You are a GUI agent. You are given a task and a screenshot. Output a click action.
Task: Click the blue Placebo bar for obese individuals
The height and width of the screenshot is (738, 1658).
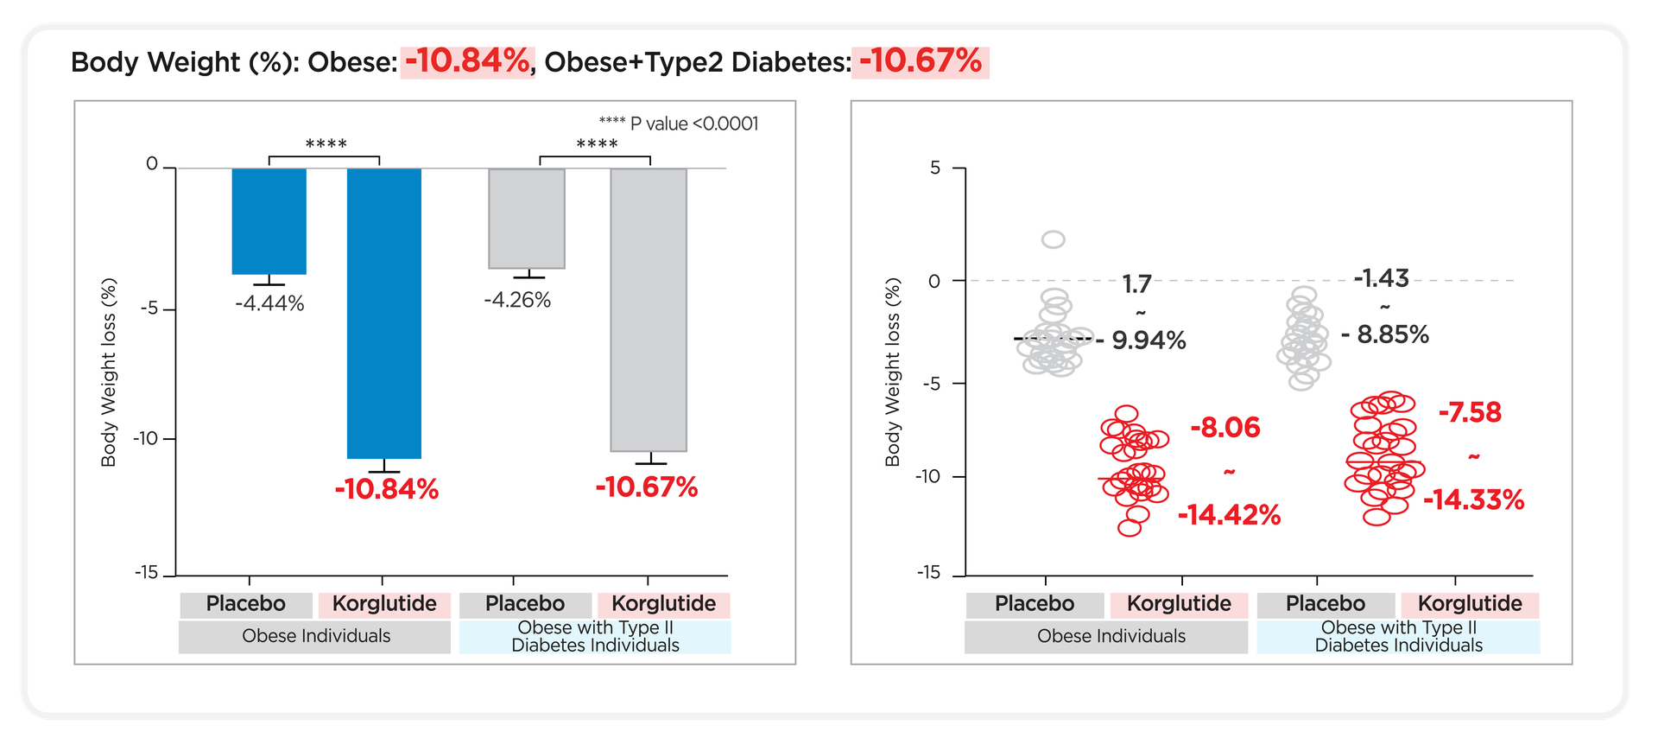point(269,221)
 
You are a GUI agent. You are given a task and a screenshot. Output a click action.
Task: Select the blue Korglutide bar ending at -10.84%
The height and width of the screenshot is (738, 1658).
point(384,313)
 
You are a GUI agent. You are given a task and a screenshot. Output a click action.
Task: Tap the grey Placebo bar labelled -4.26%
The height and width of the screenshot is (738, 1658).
point(527,219)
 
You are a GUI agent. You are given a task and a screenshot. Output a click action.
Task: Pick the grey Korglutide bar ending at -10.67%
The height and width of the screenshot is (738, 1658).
point(649,309)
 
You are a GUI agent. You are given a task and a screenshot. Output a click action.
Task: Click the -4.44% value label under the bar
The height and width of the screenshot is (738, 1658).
point(269,303)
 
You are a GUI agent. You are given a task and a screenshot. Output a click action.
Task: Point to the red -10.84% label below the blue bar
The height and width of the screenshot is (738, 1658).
point(387,489)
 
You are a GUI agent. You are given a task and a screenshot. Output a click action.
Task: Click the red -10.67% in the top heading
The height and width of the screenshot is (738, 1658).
point(921,61)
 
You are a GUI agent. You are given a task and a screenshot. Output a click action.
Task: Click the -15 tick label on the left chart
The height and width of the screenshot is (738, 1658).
point(147,572)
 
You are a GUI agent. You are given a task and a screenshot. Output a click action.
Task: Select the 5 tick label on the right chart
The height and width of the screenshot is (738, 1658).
point(935,168)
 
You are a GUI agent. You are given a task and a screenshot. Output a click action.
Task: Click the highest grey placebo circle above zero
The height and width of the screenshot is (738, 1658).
point(1054,239)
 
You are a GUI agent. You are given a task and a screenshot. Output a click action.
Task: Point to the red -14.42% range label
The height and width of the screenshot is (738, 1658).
point(1229,515)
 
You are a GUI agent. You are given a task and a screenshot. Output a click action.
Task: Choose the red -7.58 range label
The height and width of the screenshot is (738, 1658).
point(1470,412)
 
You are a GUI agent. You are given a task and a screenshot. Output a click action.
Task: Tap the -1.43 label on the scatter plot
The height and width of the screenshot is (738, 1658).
point(1381,278)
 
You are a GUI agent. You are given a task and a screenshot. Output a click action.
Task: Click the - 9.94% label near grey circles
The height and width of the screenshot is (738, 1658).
point(1142,340)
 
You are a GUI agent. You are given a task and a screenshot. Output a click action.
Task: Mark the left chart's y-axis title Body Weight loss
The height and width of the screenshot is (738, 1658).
point(109,372)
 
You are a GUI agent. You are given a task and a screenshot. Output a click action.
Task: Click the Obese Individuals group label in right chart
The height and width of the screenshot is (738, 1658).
point(1111,636)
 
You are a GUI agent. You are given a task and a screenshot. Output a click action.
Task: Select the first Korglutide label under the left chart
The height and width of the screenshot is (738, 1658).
point(384,603)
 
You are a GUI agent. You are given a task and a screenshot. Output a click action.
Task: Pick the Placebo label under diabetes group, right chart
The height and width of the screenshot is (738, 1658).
point(1326,603)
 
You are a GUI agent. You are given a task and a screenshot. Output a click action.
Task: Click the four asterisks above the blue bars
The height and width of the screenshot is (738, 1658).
point(326,143)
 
